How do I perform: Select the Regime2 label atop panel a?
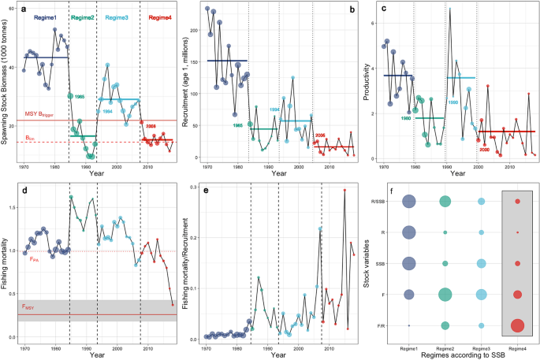click(x=83, y=17)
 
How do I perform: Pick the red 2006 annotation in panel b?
click(x=320, y=135)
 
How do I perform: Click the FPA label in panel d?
click(x=28, y=257)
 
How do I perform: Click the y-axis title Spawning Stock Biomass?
click(x=6, y=82)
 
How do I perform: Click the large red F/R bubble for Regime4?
click(x=517, y=325)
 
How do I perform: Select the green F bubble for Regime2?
click(x=445, y=295)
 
